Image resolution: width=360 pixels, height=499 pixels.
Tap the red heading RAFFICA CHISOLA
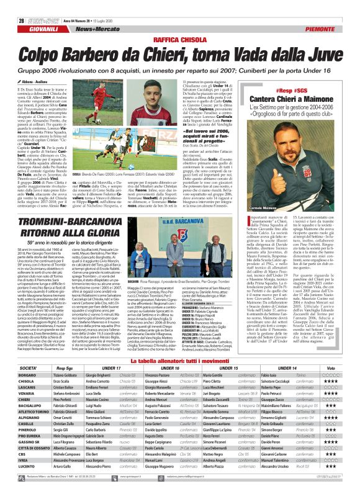[179, 39]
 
